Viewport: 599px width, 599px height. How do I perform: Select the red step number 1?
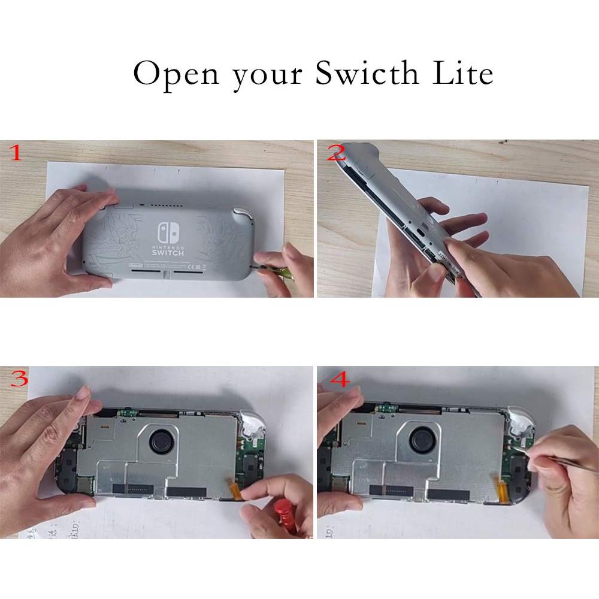15,154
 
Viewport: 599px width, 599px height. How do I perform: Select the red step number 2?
336,154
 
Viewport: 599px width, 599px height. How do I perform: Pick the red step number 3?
19,379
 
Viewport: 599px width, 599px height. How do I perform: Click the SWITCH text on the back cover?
168,254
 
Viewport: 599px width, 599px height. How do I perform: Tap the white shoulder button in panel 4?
516,420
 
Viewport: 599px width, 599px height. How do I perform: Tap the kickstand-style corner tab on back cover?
241,214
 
